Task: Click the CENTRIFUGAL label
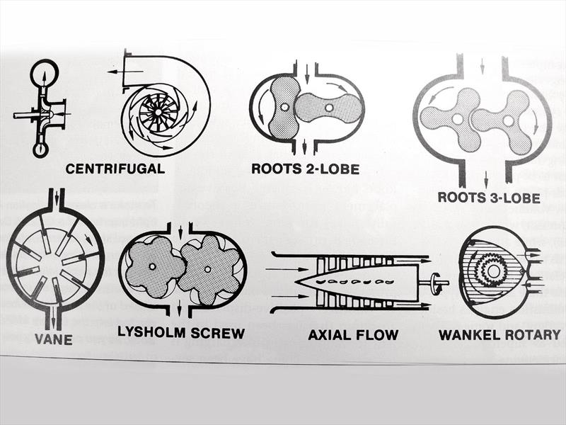pyautogui.click(x=115, y=169)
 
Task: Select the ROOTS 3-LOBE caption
pyautogui.click(x=489, y=198)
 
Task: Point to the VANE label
pyautogui.click(x=54, y=339)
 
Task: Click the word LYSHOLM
pyautogui.click(x=152, y=332)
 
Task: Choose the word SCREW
pyautogui.click(x=218, y=333)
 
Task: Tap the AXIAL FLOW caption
pyautogui.click(x=353, y=334)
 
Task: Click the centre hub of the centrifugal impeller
pyautogui.click(x=158, y=113)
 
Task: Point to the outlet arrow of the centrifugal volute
pyautogui.click(x=125, y=72)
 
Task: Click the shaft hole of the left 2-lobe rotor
pyautogui.click(x=285, y=108)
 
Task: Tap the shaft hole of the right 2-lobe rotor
pyautogui.click(x=329, y=108)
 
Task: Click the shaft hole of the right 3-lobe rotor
pyautogui.click(x=508, y=121)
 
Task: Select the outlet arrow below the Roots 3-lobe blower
pyautogui.click(x=486, y=181)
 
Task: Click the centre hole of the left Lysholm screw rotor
pyautogui.click(x=152, y=266)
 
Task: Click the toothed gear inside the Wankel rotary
pyautogui.click(x=491, y=271)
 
